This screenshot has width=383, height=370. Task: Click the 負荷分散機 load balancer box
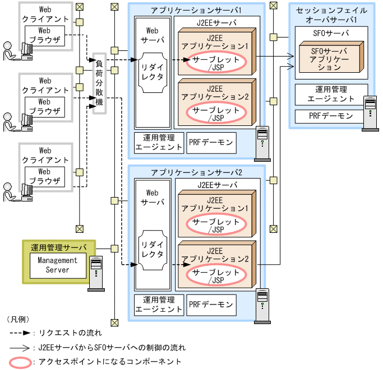point(99,86)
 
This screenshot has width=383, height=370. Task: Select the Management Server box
point(58,265)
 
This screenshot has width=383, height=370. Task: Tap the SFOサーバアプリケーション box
point(330,59)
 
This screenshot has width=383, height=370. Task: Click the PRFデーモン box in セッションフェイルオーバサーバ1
point(331,116)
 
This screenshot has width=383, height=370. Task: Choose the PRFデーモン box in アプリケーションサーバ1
point(211,143)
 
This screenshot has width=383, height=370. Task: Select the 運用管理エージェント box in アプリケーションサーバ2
point(159,304)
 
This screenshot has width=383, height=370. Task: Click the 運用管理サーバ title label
point(59,246)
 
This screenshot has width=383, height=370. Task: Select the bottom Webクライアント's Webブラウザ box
point(44,176)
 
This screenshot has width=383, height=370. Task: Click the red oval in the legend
point(19,361)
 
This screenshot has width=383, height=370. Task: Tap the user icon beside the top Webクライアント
point(10,51)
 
